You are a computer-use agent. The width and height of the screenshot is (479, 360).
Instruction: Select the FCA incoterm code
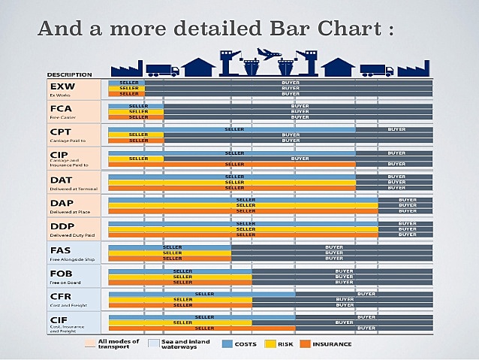pyautogui.click(x=60, y=110)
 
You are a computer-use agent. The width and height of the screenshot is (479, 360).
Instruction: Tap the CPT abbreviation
pyautogui.click(x=60, y=132)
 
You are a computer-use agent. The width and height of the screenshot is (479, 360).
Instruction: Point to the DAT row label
pyautogui.click(x=60, y=180)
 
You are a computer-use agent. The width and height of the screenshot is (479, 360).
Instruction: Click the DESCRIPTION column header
pyautogui.click(x=70, y=74)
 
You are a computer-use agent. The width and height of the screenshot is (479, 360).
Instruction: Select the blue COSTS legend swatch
pyautogui.click(x=227, y=343)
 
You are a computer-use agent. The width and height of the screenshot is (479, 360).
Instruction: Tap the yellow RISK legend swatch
pyautogui.click(x=271, y=343)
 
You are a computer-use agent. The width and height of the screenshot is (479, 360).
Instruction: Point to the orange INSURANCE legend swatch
pyautogui.click(x=305, y=343)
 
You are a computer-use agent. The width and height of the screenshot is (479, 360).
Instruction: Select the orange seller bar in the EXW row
pyautogui.click(x=126, y=94)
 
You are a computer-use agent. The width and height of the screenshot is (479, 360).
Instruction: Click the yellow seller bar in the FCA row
pyautogui.click(x=136, y=111)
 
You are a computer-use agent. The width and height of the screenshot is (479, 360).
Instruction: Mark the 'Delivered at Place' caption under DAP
pyautogui.click(x=71, y=213)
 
